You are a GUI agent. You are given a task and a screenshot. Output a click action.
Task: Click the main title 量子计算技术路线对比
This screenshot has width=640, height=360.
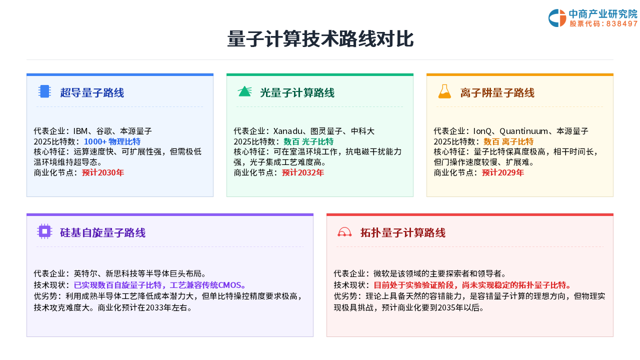(x=320, y=39)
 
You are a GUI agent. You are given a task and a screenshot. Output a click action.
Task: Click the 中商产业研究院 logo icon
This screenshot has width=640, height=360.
(x=557, y=18)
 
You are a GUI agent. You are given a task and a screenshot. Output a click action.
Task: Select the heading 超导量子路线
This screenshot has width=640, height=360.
(x=92, y=93)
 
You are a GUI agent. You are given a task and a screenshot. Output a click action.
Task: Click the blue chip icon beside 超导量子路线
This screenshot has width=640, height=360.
(x=44, y=91)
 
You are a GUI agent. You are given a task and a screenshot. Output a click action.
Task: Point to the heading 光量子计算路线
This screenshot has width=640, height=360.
(x=297, y=93)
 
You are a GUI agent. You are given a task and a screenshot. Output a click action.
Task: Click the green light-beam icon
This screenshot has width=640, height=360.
(x=245, y=91)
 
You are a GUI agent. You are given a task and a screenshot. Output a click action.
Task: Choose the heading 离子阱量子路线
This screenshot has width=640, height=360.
(x=497, y=93)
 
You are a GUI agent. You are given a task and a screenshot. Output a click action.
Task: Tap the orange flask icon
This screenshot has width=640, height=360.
(x=444, y=91)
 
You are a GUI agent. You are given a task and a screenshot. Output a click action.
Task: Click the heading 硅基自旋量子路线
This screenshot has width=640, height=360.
(x=102, y=233)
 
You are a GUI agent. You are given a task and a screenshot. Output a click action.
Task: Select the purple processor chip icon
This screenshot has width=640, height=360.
(x=44, y=231)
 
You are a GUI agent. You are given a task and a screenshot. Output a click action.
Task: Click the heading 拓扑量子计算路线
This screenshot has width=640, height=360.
(x=403, y=233)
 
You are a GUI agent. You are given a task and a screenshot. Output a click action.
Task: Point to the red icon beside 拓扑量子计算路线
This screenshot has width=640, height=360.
(x=344, y=232)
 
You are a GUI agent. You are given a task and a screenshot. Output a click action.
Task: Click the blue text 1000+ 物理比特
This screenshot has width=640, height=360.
(x=112, y=141)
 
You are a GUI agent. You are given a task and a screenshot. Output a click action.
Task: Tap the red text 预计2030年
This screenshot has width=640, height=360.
(x=103, y=172)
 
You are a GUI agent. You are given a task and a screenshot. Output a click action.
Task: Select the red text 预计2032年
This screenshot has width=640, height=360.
(x=303, y=172)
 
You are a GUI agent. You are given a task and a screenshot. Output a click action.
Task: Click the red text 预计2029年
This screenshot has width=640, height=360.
(x=503, y=172)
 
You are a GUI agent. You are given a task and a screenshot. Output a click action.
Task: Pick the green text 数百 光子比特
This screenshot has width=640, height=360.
(x=308, y=141)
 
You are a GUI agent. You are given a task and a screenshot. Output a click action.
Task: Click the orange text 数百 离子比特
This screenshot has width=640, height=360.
(x=508, y=141)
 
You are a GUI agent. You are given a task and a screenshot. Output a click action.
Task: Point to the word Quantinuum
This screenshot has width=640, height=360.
(x=523, y=131)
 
